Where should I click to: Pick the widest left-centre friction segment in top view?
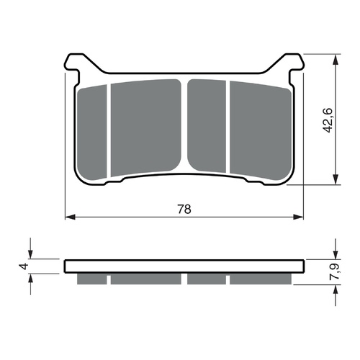point(145,126)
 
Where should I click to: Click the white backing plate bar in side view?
point(184,266)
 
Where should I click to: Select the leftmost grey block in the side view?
point(92,279)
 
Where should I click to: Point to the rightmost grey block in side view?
point(260,279)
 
